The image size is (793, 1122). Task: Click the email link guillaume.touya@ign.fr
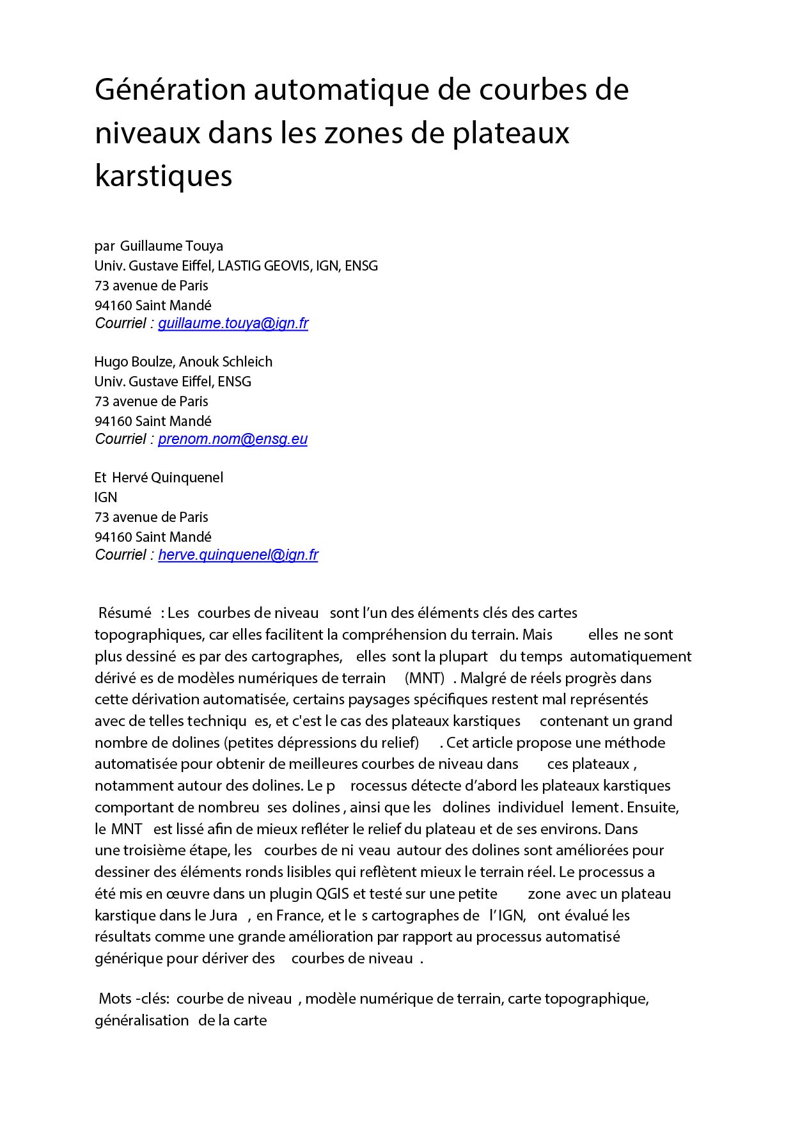[x=233, y=324]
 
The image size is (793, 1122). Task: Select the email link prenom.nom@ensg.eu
[x=232, y=439]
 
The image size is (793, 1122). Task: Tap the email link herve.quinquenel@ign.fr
[x=238, y=555]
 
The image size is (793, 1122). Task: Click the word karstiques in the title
[x=163, y=175]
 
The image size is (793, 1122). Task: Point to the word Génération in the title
[x=170, y=90]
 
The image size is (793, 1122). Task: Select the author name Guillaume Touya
[x=171, y=246]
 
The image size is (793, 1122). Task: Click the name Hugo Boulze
[x=134, y=362]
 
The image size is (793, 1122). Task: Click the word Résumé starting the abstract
[x=125, y=613]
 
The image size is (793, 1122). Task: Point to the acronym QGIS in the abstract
[x=333, y=894]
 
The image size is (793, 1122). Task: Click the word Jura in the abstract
[x=223, y=915]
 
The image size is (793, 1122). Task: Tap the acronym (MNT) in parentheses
[x=424, y=678]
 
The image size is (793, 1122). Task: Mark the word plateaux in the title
[x=511, y=133]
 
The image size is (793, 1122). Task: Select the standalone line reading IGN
[x=106, y=498]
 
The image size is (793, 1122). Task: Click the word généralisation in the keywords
[x=141, y=1020]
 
